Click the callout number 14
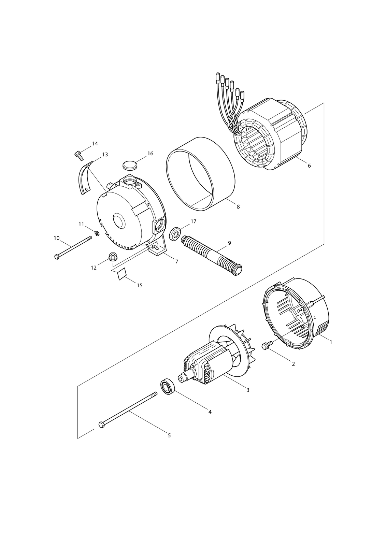pos(95,144)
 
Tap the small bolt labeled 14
pos(78,156)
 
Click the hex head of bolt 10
pos(57,257)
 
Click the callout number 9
pos(229,243)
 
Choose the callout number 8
pos(238,207)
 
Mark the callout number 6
pos(309,166)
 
